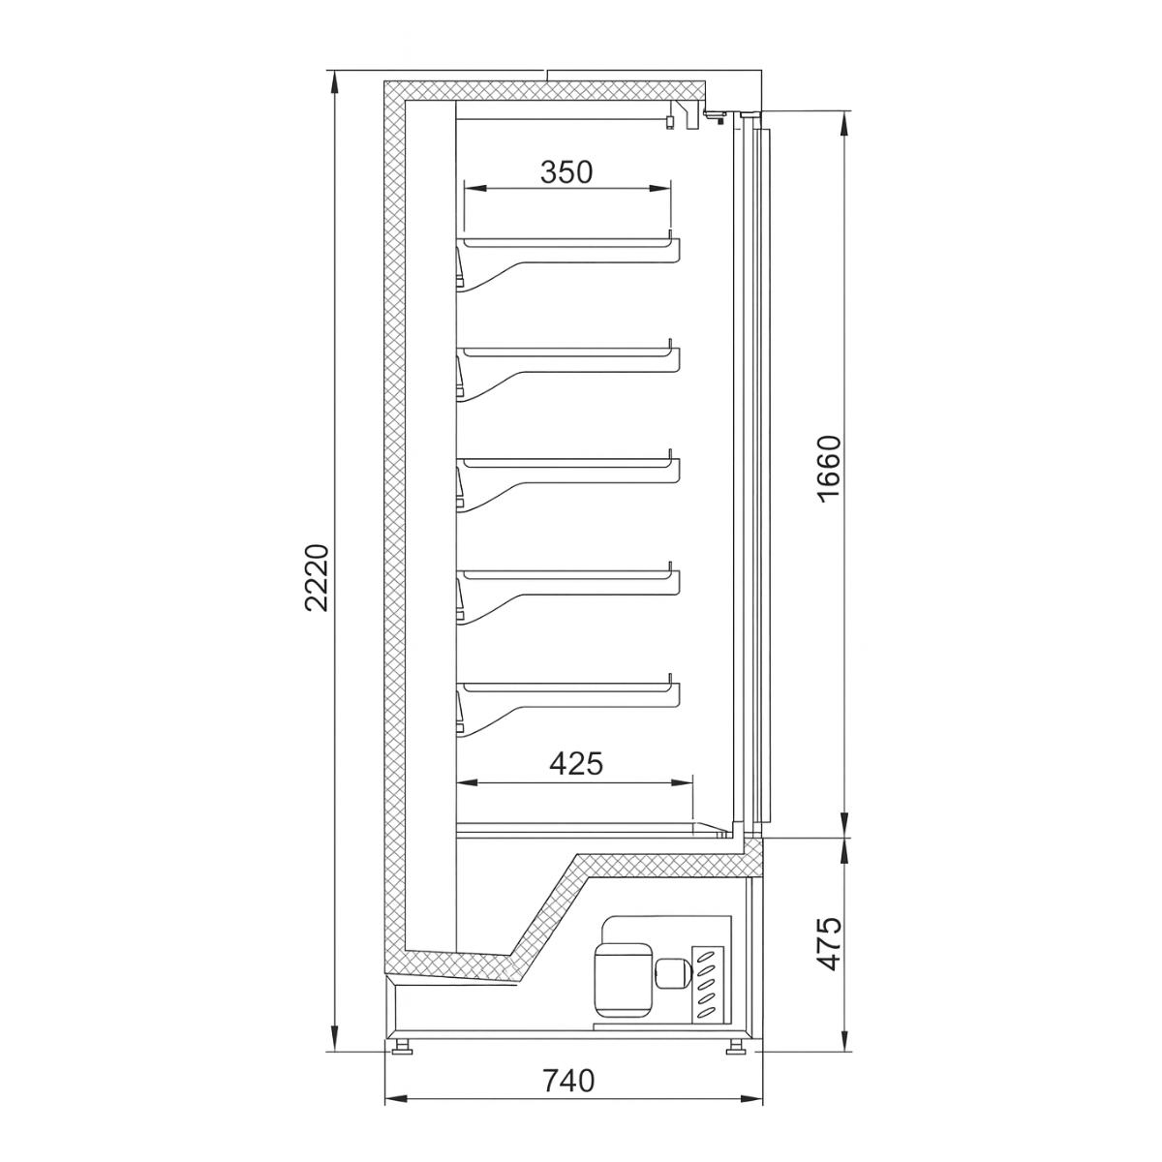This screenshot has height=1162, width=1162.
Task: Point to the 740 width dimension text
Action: (568, 1081)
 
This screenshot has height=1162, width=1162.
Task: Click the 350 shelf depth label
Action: (566, 172)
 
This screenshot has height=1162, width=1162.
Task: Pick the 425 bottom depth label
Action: (576, 764)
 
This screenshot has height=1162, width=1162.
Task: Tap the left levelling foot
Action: (403, 1047)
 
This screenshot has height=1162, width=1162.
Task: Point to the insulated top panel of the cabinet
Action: (542, 90)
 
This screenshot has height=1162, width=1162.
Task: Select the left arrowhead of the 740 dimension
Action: (390, 1100)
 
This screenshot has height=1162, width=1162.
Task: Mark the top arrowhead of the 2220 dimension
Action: (335, 77)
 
